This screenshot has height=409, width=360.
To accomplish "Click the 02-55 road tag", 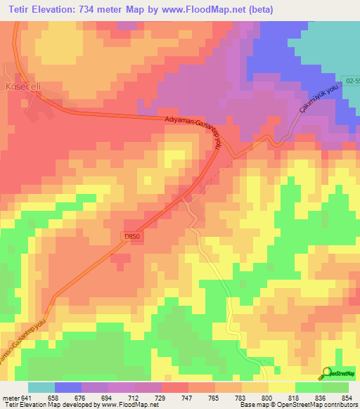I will coord(351,81).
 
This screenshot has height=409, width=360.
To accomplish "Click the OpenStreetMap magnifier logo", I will coord(327,372).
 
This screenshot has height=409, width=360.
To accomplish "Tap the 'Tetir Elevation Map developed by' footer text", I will coord(51,405).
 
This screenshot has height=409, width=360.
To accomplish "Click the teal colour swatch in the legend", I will coord(41,387).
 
